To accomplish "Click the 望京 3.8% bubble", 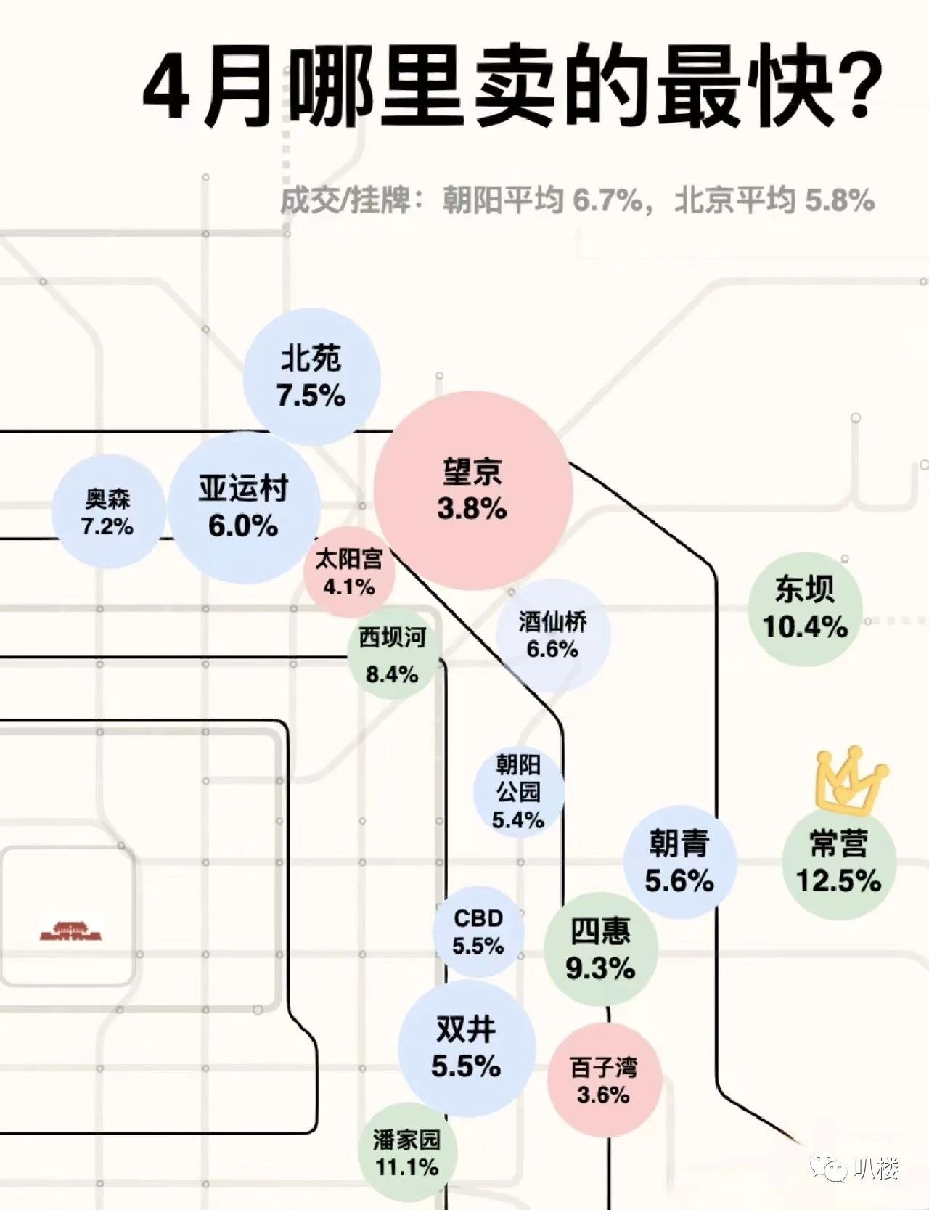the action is tap(472, 490).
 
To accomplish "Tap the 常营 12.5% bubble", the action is tap(838, 862).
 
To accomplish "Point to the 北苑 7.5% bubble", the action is tap(311, 377).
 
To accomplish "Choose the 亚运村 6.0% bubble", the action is tap(244, 507).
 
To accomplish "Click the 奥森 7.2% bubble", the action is tap(107, 512).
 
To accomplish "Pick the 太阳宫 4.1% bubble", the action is tap(349, 572).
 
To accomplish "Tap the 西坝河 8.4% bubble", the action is tap(393, 656).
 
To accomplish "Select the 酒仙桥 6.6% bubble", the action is tap(552, 635).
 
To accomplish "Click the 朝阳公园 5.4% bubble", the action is tap(518, 792).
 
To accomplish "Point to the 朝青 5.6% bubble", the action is tap(679, 862).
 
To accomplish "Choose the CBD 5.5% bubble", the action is tap(478, 932).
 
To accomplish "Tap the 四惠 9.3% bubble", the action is tap(600, 949).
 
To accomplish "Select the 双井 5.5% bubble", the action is tap(467, 1047).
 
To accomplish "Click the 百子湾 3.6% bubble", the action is tap(604, 1081).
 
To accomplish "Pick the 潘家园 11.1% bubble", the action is tap(406, 1153).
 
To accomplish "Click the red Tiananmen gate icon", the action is tap(70, 931).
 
